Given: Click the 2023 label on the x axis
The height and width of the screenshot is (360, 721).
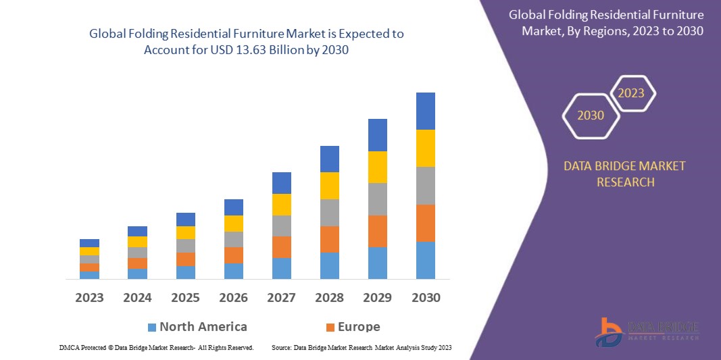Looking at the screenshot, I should (89, 297).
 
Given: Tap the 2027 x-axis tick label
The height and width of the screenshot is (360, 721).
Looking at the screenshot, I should (282, 297).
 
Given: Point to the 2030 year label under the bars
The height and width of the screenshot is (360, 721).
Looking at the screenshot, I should (426, 297).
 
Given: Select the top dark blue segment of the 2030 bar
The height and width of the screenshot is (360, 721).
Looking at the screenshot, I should (426, 111).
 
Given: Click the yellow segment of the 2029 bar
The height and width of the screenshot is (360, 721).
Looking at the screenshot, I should (378, 167).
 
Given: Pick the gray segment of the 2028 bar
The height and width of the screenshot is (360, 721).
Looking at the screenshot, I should (330, 212).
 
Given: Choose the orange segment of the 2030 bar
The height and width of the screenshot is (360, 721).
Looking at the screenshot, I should (426, 223).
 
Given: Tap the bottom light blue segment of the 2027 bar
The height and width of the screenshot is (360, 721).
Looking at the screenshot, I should (282, 268).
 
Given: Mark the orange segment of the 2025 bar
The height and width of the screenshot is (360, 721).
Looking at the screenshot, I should (186, 259).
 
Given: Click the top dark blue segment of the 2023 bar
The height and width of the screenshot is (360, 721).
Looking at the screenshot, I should (89, 242).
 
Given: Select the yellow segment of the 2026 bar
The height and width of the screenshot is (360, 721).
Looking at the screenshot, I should (234, 223).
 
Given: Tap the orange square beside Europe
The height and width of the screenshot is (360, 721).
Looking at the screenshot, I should (330, 328).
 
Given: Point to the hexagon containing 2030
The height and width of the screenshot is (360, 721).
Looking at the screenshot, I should (591, 115).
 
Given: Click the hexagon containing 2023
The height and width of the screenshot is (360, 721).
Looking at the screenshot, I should (632, 93).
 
